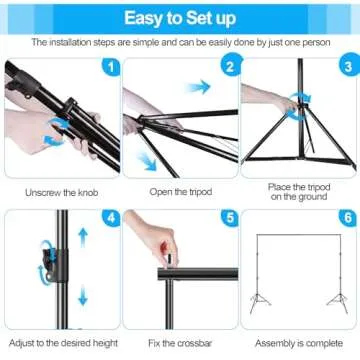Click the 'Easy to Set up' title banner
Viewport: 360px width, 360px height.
pos(180,17)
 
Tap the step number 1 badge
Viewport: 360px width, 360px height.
pos(111,68)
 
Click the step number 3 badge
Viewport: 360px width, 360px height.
pos(346,68)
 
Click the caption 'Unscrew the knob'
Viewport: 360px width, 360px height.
pos(59,190)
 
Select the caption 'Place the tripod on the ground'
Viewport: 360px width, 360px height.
pos(298,191)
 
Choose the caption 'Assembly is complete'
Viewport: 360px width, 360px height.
pos(298,343)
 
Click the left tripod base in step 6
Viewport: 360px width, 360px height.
pos(260,302)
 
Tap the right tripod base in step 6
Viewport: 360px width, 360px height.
pos(336,302)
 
